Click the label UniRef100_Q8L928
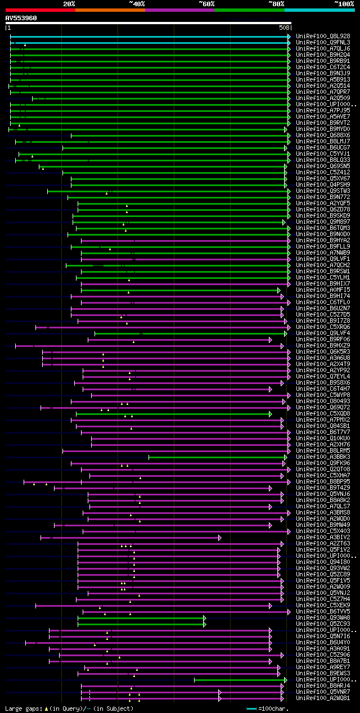(x=323, y=36)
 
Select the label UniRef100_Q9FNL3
(x=323, y=42)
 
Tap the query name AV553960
(x=21, y=18)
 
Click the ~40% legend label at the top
(x=137, y=4)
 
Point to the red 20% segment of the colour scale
(x=40, y=10)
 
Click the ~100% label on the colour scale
(x=344, y=4)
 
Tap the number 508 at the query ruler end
(x=284, y=28)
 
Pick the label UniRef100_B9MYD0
(x=323, y=129)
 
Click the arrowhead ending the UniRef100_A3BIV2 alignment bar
(x=220, y=538)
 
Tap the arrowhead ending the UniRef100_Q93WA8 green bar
(x=205, y=618)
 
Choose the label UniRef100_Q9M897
(x=323, y=222)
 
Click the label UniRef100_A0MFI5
(x=323, y=290)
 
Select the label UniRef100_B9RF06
(x=323, y=340)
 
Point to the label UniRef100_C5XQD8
(x=323, y=414)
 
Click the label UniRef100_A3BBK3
(x=323, y=457)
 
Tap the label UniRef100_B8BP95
(x=323, y=482)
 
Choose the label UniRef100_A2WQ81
(x=323, y=698)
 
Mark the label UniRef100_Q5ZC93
(x=323, y=624)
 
